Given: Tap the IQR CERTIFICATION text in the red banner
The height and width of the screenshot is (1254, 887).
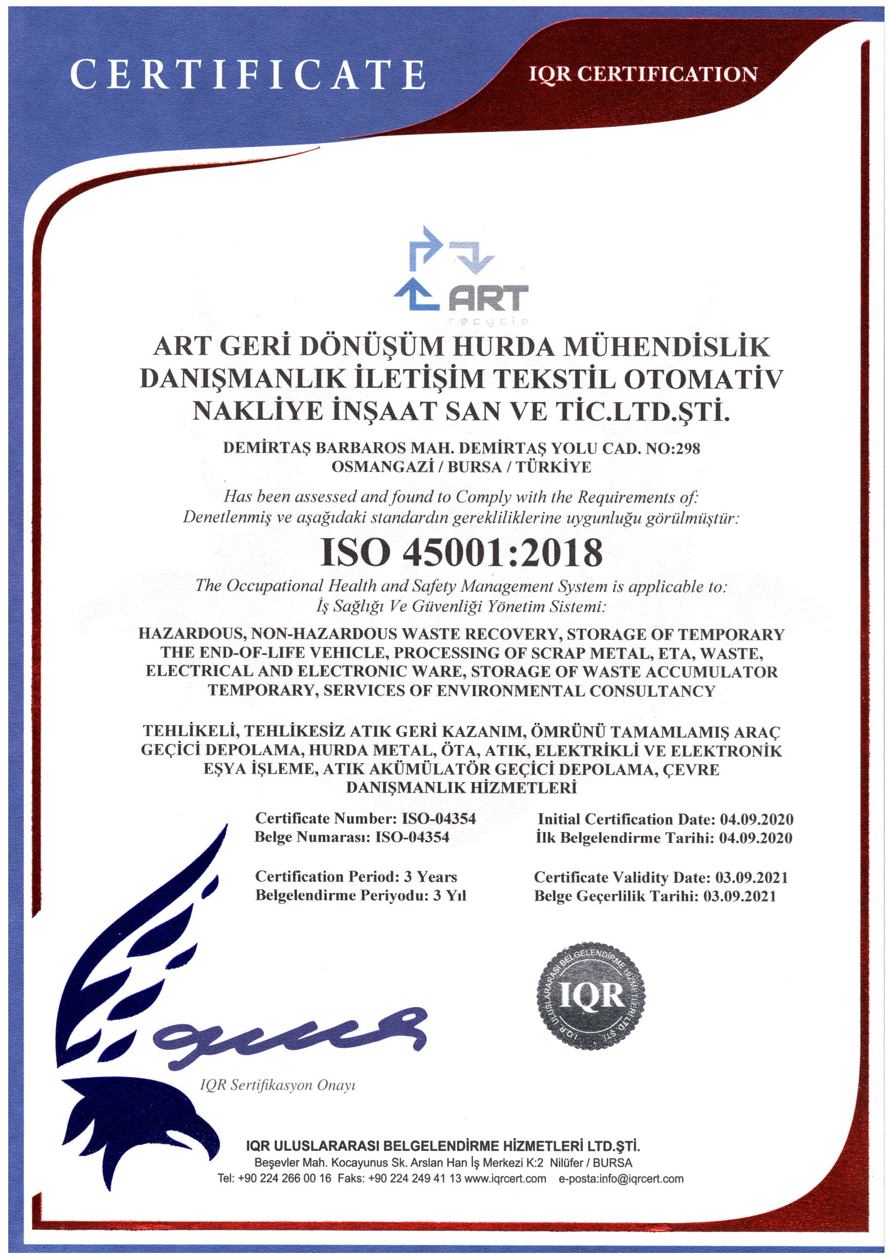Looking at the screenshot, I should coord(643,74).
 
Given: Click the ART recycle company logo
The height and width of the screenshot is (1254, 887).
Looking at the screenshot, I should coord(460,276).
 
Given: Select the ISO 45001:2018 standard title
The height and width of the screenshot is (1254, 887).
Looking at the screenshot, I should coord(461,552).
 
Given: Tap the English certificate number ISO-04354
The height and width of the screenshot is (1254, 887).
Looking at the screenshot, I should coord(438,818).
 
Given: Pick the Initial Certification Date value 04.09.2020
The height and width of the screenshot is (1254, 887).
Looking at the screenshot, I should coord(757,819).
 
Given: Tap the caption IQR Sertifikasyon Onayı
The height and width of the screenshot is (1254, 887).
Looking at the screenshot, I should coord(277,1084).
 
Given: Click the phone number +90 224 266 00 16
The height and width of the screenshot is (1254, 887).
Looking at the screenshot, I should coord(284,1178).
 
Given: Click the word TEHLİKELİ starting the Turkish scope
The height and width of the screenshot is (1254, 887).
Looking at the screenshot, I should coord(189,731).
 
